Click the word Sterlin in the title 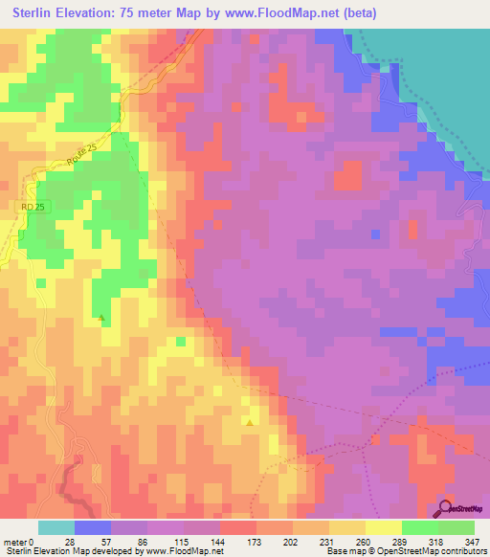[37, 13]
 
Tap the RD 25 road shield [33, 206]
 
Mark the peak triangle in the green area [101, 317]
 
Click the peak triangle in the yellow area [250, 421]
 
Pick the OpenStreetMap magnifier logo [445, 508]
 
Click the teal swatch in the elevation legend [56, 527]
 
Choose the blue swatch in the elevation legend [93, 527]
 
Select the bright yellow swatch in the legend [384, 527]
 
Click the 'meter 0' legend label [19, 541]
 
